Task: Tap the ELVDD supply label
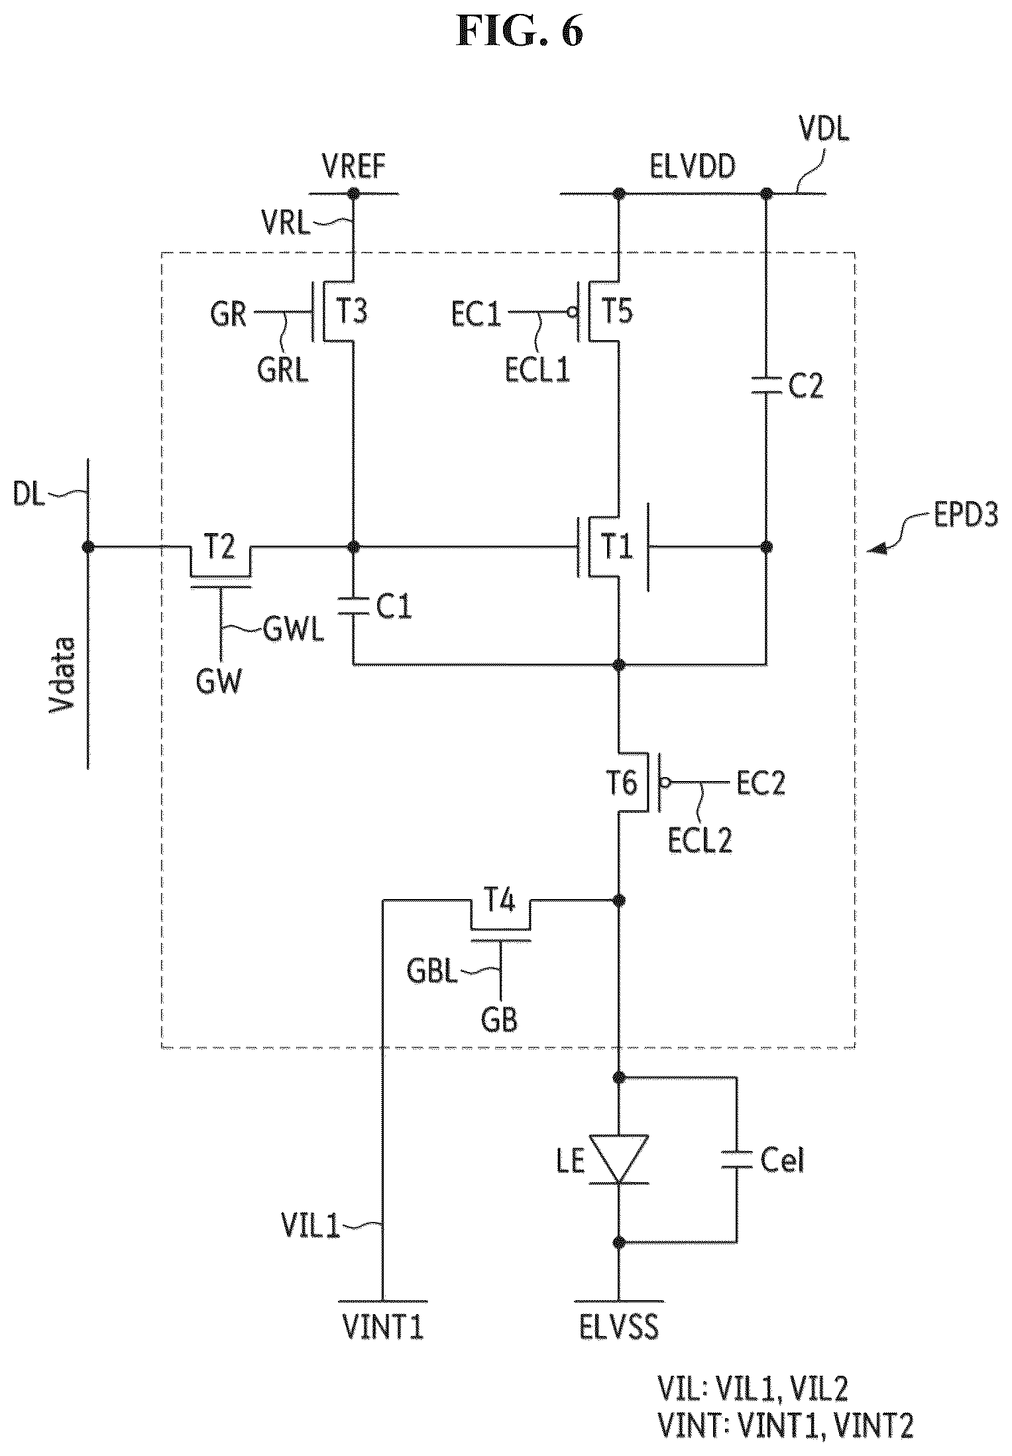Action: [x=692, y=166]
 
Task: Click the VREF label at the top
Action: [x=353, y=166]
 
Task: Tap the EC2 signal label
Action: [x=761, y=784]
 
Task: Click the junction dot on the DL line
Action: [x=87, y=547]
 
